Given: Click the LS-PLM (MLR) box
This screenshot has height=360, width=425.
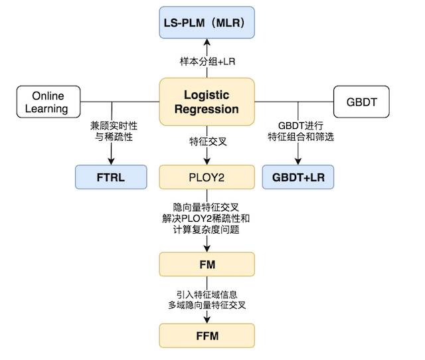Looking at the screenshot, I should [x=207, y=25].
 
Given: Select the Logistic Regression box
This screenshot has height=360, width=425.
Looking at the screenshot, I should [x=207, y=102].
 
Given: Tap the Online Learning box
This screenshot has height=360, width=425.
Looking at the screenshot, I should [x=48, y=102].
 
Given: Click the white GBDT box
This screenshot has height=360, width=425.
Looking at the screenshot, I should [x=361, y=102].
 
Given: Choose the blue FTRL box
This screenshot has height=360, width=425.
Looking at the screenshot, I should [x=111, y=177].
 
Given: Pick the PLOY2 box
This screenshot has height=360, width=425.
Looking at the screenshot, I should [x=207, y=177].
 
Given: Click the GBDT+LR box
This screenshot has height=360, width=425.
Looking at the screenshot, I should [x=297, y=177].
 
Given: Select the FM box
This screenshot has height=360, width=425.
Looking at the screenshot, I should [x=207, y=264].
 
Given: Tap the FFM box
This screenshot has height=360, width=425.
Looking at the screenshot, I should [x=207, y=335].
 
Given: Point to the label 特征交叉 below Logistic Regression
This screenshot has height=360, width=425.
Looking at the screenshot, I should [x=207, y=141].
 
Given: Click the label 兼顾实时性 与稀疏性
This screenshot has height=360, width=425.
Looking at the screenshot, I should [x=111, y=130].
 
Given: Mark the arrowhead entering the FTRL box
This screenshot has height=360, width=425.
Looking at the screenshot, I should [x=111, y=161].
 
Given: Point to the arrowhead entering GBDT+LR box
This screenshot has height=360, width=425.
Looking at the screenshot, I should [x=297, y=161].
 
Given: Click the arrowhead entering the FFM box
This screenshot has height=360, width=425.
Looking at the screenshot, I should [x=207, y=319].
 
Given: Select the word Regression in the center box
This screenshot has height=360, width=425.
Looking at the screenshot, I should [x=207, y=108].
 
